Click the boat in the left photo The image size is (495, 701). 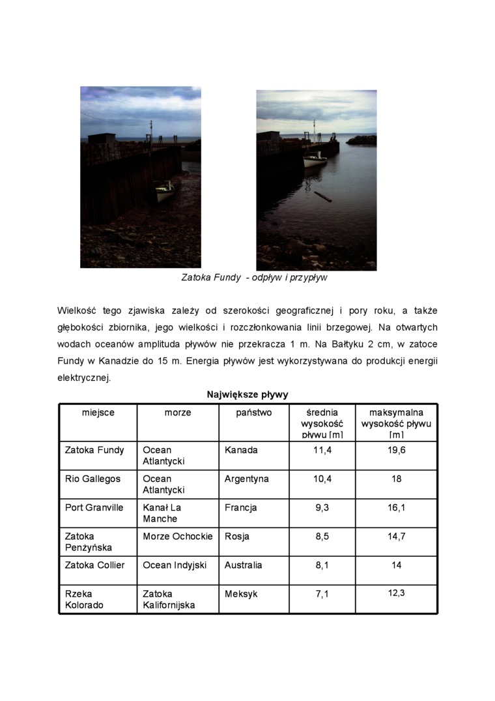coord(164,192)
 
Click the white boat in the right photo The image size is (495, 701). coord(315,160)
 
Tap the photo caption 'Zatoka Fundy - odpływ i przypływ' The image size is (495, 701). coord(254,278)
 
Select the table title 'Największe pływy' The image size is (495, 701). coord(247,395)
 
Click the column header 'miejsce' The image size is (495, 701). coord(98,413)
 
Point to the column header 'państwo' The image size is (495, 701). coord(254,413)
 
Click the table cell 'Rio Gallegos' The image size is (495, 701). coord(92,479)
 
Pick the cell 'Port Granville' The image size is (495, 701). coord(94,507)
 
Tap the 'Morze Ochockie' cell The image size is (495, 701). coord(178,536)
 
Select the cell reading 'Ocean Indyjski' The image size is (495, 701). coord(175,565)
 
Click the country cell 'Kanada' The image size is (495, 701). coord(241,450)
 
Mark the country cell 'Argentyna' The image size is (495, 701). coord(246,479)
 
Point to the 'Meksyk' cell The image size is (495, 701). coord(241,594)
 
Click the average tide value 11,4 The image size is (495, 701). coord(322,450)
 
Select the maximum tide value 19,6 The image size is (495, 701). coord(396,450)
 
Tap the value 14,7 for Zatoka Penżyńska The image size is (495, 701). coord(396,536)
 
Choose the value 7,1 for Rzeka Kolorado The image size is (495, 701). coord(322,594)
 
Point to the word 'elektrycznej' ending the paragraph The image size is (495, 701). coord(83,378)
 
